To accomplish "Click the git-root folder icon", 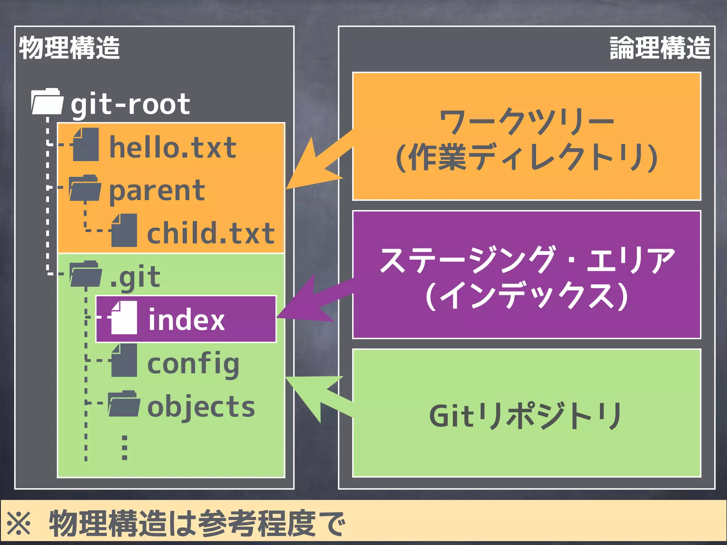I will (x=48, y=102).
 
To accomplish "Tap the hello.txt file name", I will (x=173, y=147).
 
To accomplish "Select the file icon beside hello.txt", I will (x=86, y=145).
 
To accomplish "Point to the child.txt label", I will (x=211, y=233).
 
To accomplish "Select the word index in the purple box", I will (x=186, y=320).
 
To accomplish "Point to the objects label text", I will (x=201, y=407).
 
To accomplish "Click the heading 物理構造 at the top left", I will (x=69, y=48).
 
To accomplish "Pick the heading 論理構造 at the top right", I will (x=660, y=48).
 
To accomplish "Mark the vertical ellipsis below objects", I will (x=125, y=448).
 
